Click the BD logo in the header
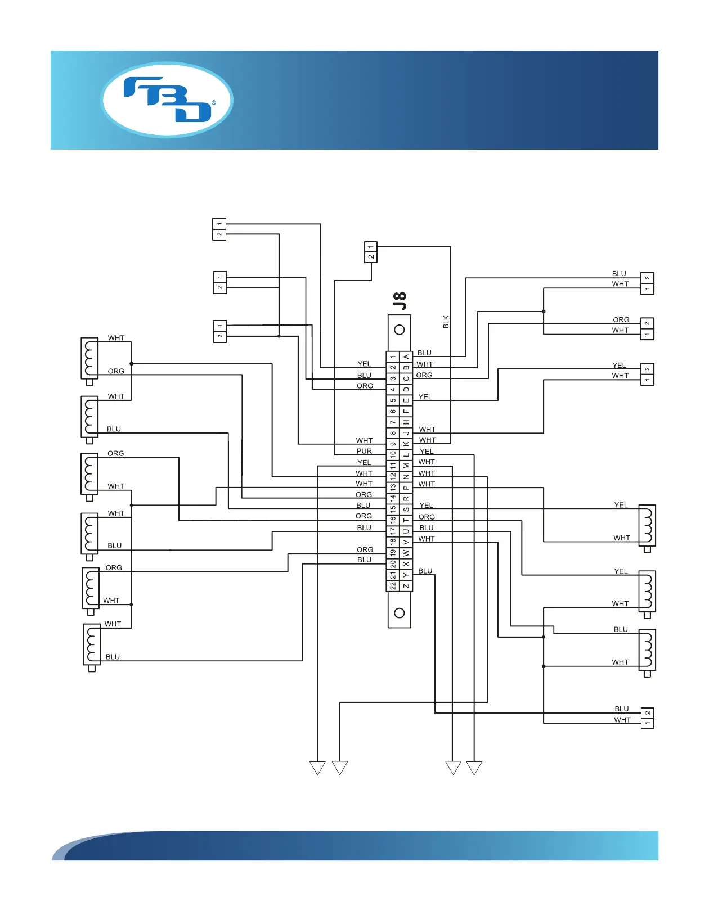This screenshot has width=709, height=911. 167,100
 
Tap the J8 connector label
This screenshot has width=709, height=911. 400,301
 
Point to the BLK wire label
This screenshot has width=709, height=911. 446,322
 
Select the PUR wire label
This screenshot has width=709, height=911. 364,451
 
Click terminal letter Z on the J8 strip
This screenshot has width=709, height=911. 406,586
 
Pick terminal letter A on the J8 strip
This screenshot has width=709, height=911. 406,357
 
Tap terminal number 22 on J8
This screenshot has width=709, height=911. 393,586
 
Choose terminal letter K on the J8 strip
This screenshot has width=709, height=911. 406,444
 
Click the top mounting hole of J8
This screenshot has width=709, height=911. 400,330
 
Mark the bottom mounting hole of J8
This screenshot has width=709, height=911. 400,613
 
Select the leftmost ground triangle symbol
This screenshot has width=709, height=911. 317,768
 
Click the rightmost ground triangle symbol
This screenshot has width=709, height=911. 474,768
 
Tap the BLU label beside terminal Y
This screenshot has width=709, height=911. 425,571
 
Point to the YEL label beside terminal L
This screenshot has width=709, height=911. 427,451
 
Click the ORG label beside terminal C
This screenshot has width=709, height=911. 424,375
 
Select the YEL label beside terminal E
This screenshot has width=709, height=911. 425,396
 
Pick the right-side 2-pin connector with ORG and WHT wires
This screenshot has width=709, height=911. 647,328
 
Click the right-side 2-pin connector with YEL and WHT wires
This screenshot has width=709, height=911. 647,374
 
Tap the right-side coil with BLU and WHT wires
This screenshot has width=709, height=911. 647,650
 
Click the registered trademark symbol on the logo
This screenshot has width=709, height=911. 214,103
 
